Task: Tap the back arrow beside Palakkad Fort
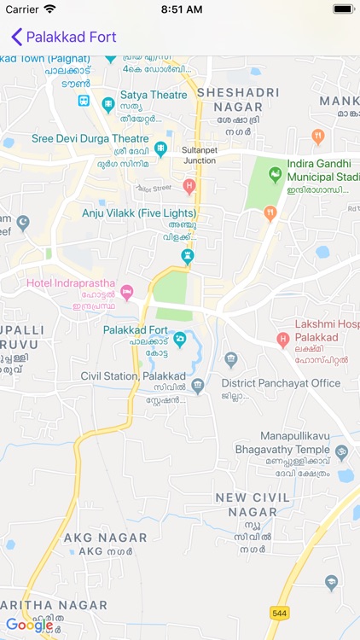[x=15, y=37]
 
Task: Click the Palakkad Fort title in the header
[x=71, y=37]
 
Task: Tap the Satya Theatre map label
[x=154, y=95]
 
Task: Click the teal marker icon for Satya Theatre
[x=108, y=105]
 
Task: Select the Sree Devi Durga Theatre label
[x=90, y=138]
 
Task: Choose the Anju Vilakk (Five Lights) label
[x=139, y=212]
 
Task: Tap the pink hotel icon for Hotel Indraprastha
[x=127, y=292]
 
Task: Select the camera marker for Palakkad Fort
[x=180, y=340]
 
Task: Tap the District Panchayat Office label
[x=281, y=383]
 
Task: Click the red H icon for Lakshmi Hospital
[x=283, y=340]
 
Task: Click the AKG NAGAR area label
[x=105, y=538]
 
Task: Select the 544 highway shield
[x=278, y=612]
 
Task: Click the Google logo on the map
[x=29, y=625]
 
